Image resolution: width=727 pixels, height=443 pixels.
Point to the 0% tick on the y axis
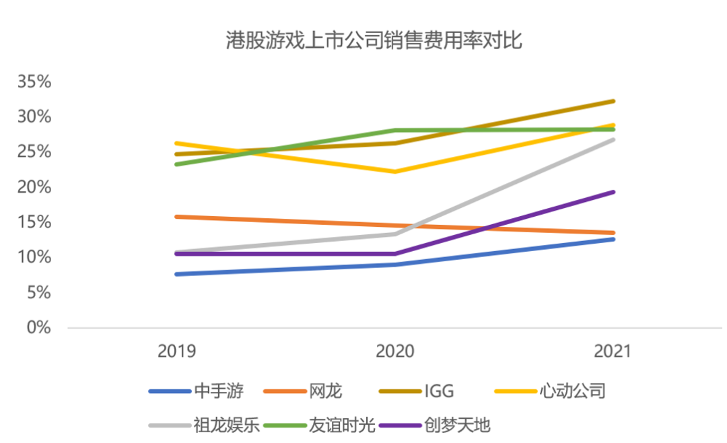pyautogui.click(x=39, y=328)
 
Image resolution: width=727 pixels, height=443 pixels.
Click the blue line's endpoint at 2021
pyautogui.click(x=613, y=239)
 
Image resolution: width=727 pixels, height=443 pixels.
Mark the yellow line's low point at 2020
pyautogui.click(x=395, y=172)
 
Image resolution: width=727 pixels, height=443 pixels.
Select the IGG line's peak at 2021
pyautogui.click(x=613, y=101)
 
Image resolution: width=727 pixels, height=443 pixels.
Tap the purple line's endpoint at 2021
pyautogui.click(x=613, y=192)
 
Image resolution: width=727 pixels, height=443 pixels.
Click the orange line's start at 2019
pyautogui.click(x=176, y=216)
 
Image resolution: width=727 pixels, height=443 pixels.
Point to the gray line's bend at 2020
pyautogui.click(x=395, y=234)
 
